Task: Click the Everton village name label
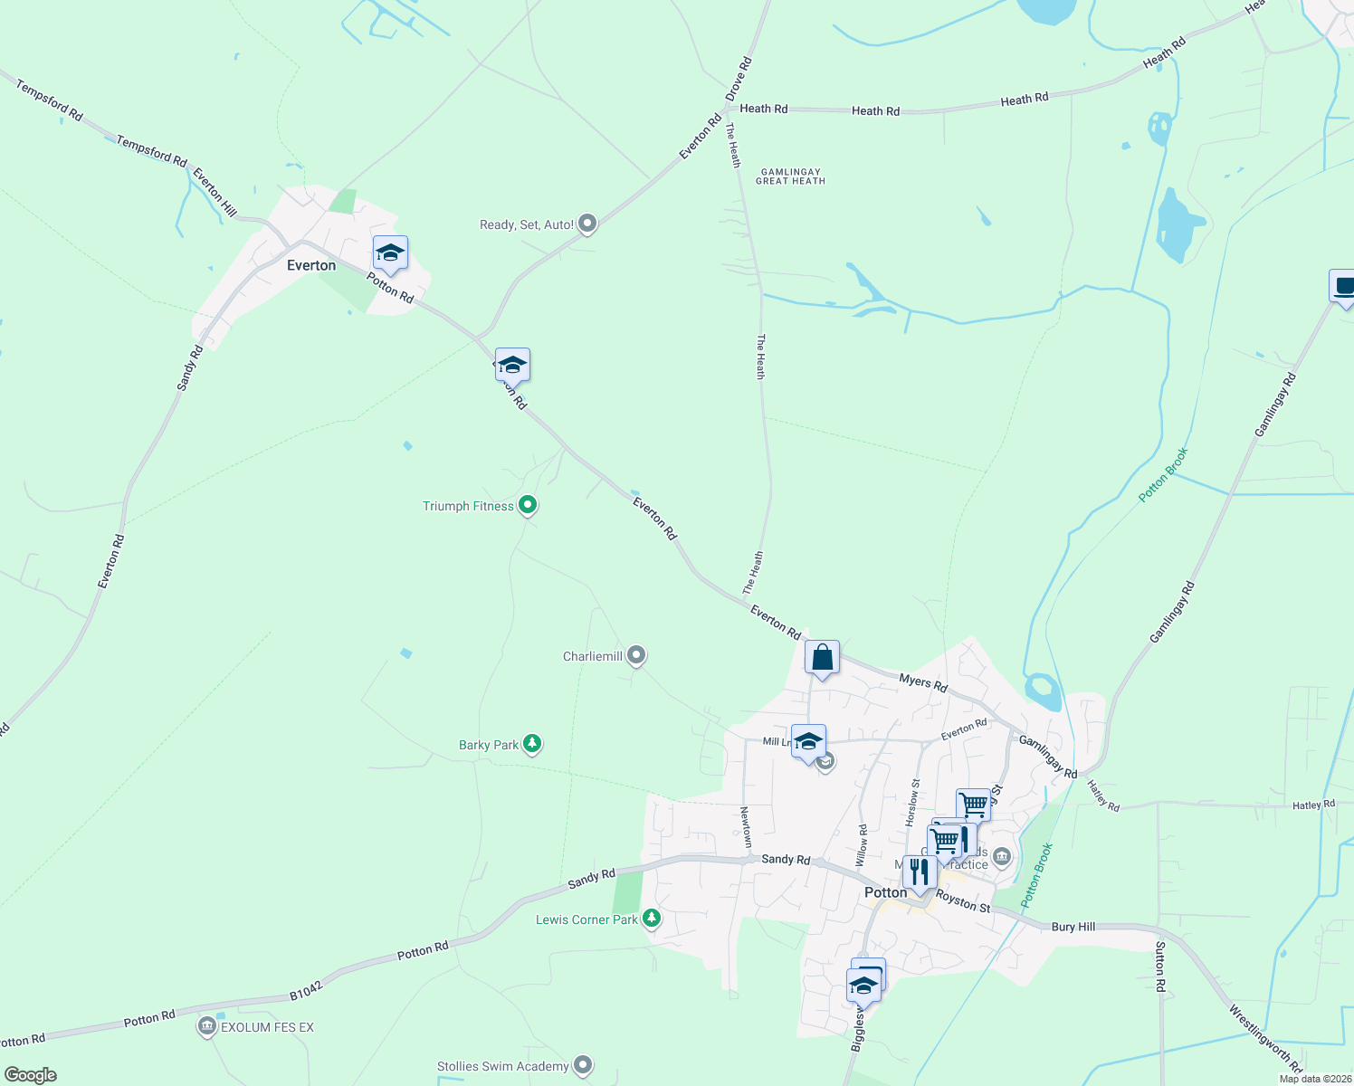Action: [x=310, y=265]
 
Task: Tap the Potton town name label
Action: [x=885, y=892]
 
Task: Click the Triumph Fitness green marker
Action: [x=528, y=505]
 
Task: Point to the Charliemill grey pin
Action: [x=636, y=654]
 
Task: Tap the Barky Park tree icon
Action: [x=532, y=744]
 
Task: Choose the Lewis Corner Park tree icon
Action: [x=651, y=919]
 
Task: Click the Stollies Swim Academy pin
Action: [x=583, y=1065]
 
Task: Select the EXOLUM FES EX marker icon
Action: [x=206, y=1026]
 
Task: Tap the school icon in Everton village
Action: [x=390, y=253]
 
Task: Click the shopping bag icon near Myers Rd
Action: [x=822, y=658]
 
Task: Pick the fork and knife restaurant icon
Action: [x=920, y=872]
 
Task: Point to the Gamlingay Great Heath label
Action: [x=790, y=176]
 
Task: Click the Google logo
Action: [x=31, y=1074]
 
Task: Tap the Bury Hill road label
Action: [x=1073, y=927]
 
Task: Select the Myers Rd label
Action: [x=923, y=683]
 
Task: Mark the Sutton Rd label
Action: [x=1160, y=967]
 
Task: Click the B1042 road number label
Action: [x=306, y=988]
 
